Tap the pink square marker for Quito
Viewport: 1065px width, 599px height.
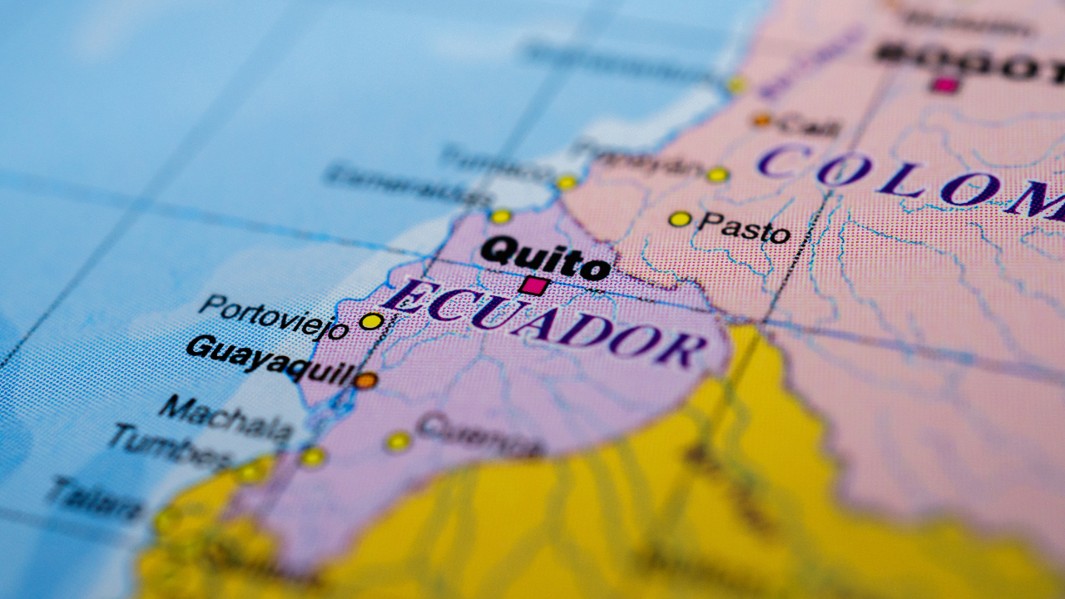(533, 286)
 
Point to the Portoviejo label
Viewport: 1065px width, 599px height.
(274, 316)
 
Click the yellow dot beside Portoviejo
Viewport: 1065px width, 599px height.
(371, 321)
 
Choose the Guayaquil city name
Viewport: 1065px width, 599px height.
(270, 359)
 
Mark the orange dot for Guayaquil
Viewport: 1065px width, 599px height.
(365, 381)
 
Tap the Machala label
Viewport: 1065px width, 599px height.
(225, 418)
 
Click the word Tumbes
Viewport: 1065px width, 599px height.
(171, 447)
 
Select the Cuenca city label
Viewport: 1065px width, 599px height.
(480, 437)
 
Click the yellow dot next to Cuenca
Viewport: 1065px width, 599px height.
(399, 442)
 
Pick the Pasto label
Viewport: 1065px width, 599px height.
(744, 226)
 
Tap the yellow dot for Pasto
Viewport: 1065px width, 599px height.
(680, 219)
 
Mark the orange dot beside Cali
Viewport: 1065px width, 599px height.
(762, 121)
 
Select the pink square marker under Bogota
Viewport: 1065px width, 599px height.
(945, 85)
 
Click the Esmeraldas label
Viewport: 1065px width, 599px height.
(408, 186)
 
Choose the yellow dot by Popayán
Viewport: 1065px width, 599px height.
(717, 175)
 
